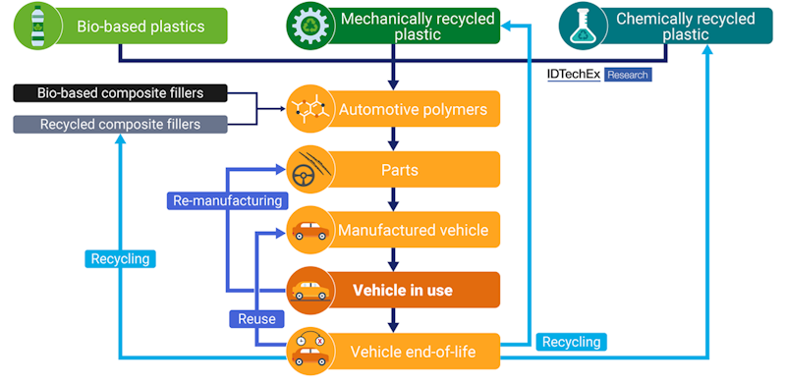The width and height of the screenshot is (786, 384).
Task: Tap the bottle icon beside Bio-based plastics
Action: [35, 27]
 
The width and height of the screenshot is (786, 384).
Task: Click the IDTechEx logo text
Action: [573, 75]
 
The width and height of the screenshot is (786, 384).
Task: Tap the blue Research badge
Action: [627, 75]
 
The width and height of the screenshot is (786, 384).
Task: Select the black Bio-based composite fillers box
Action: [120, 93]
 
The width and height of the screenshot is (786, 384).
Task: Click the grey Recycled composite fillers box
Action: [120, 124]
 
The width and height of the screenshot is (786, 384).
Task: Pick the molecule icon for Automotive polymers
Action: [309, 109]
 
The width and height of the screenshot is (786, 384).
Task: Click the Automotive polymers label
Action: [413, 109]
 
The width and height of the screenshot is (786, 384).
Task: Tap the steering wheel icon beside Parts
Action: [309, 169]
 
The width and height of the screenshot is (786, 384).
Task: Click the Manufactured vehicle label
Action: [413, 231]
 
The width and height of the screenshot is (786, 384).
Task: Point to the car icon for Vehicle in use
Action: [309, 291]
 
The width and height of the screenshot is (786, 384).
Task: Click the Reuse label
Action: [256, 318]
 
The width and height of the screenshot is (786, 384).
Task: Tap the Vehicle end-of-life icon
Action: [309, 351]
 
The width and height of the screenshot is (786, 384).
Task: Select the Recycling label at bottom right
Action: [571, 342]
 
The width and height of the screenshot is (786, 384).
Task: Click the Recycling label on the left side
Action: [119, 259]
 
